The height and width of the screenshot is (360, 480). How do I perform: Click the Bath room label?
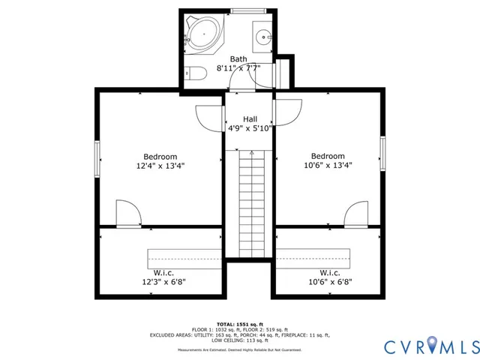click(238, 58)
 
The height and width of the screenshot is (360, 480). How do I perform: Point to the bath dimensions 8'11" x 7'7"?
click(238, 68)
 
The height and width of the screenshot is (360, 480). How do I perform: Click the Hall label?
click(250, 119)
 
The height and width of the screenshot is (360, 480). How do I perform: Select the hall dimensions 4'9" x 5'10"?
click(250, 128)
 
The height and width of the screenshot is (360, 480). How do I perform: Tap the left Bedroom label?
click(160, 156)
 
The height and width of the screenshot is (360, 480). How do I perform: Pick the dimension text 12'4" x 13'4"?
click(160, 166)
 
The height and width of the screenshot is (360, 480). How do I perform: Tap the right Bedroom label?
click(328, 156)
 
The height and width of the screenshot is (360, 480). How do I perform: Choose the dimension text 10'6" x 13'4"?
click(328, 166)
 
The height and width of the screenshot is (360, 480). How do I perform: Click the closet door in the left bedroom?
click(127, 214)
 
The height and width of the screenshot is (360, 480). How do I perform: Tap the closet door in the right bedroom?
click(355, 214)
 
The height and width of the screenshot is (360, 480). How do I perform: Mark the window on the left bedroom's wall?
click(97, 159)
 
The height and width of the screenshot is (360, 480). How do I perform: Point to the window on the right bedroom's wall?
click(382, 159)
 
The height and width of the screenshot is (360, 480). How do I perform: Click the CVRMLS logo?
click(430, 346)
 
